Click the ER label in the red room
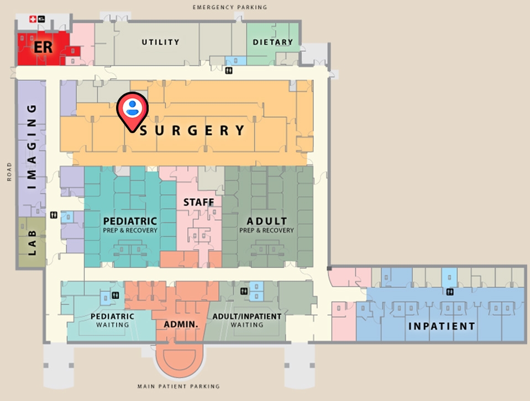click(43, 47)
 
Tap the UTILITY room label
click(160, 42)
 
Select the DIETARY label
click(272, 42)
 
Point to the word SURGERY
click(192, 131)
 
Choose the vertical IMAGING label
click(32, 147)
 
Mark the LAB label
click(32, 244)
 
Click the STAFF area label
click(198, 203)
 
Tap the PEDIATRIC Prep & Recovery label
click(130, 225)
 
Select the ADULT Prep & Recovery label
click(266, 225)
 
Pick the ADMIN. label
click(181, 324)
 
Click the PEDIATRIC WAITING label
click(113, 320)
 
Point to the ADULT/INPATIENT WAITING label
click(247, 320)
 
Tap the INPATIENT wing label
click(442, 326)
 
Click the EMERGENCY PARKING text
click(230, 7)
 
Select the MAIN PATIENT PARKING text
click(179, 387)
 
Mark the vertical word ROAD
click(9, 172)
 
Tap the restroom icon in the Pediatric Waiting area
click(115, 295)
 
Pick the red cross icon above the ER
click(33, 19)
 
